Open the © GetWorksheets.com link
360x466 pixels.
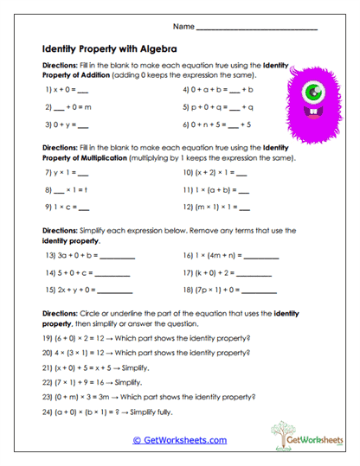coord(179,439)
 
